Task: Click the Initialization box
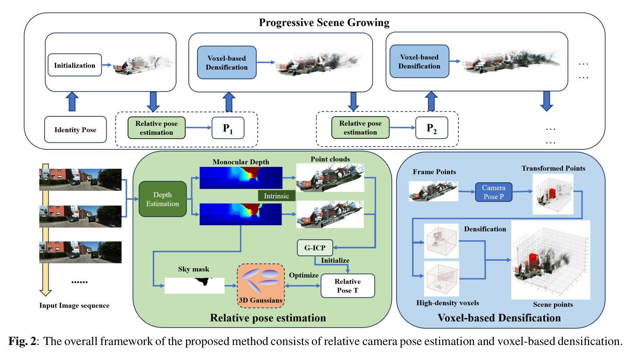(75, 65)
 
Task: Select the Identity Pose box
(75, 129)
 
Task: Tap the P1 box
(228, 128)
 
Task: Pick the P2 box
(432, 128)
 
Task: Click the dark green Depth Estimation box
(162, 199)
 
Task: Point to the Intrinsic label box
(277, 196)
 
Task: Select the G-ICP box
(315, 248)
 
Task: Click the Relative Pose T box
(348, 286)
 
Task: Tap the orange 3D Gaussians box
(261, 286)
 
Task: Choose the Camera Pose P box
(494, 192)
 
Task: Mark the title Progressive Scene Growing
(324, 22)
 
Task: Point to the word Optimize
(304, 275)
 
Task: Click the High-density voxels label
(447, 303)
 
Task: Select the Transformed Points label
(553, 168)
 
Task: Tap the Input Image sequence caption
(74, 306)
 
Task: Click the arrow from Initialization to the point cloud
(107, 65)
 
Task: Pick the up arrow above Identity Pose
(72, 101)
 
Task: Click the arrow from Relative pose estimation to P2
(402, 128)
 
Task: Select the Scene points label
(553, 305)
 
